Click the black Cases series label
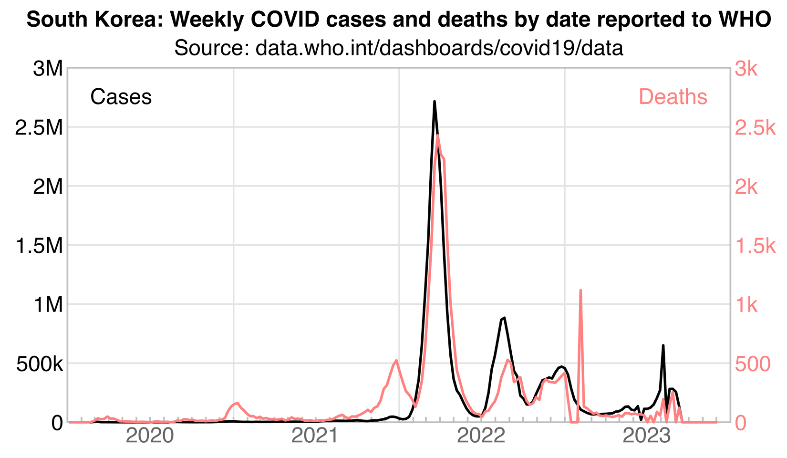pos(121,97)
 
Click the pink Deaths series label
pos(673,97)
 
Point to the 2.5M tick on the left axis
pos(39,128)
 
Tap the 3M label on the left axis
pos(48,69)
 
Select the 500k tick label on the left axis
pos(40,364)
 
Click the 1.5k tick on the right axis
pos(756,246)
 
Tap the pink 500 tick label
pos(753,364)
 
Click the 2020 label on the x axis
pos(151,436)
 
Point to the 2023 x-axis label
pos(647,436)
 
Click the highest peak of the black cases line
pos(435,102)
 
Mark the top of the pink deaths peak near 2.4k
pos(437,136)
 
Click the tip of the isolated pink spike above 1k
pos(580,290)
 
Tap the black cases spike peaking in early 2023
pos(663,345)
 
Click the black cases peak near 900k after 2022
pos(504,317)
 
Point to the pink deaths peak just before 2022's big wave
pos(396,361)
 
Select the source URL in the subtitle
pos(439,49)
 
